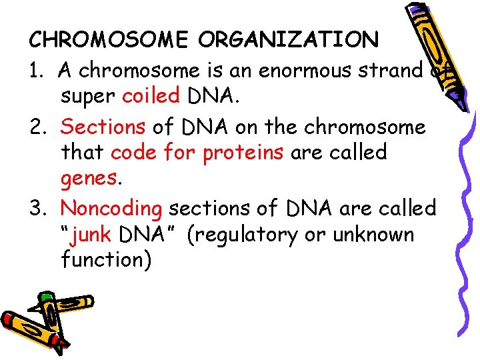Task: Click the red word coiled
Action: click(151, 97)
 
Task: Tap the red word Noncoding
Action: click(111, 208)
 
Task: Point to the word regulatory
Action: click(250, 235)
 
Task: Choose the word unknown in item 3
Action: click(381, 235)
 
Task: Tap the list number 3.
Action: click(36, 208)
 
